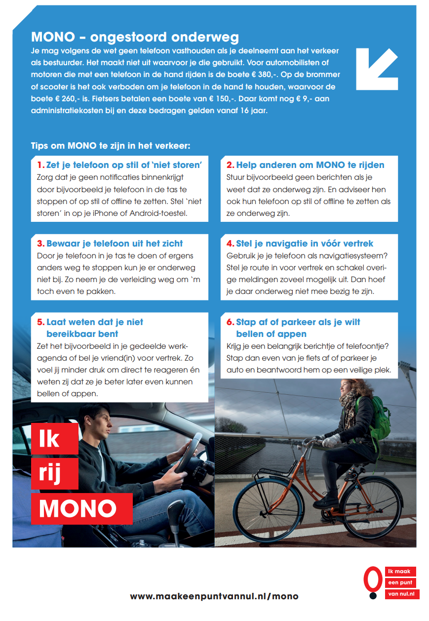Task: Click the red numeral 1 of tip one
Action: point(40,165)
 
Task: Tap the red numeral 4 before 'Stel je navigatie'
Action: point(230,244)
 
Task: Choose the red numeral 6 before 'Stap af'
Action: point(230,322)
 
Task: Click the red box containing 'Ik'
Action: point(54,439)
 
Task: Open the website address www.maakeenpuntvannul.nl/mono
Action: point(214,596)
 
